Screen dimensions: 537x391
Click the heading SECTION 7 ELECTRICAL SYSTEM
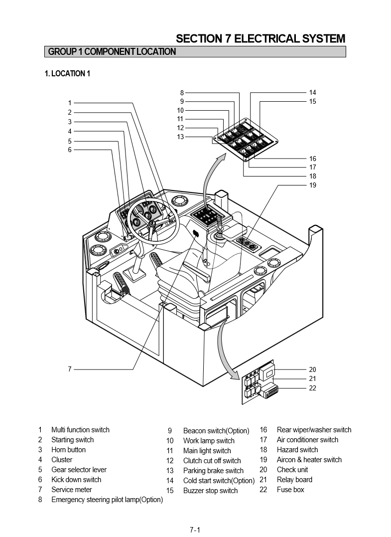click(x=261, y=38)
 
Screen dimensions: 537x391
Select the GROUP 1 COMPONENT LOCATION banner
click(x=112, y=51)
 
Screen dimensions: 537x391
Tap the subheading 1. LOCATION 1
click(x=67, y=74)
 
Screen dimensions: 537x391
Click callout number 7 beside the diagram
click(x=70, y=369)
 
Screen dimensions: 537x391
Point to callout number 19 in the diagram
click(x=312, y=185)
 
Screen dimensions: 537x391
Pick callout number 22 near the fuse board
click(x=312, y=388)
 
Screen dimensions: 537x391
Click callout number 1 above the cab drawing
click(x=70, y=103)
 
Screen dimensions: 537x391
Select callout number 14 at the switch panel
click(x=312, y=92)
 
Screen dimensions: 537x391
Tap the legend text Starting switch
click(x=72, y=440)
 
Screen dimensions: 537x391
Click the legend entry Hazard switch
click(x=297, y=450)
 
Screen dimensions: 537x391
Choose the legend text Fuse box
click(x=290, y=490)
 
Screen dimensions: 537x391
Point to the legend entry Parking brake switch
click(x=213, y=471)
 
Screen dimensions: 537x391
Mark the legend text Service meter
click(x=72, y=490)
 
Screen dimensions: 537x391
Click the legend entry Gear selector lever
click(x=79, y=470)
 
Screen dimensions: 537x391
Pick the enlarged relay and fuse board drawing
click(x=259, y=381)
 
